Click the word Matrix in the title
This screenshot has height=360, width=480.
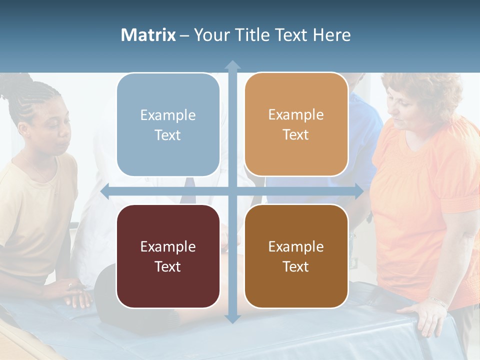(x=148, y=35)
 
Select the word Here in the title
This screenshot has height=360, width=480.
(x=332, y=35)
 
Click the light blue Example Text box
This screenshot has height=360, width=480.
(x=168, y=125)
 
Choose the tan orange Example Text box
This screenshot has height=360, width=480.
(x=296, y=124)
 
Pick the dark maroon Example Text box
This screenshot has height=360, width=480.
(x=168, y=256)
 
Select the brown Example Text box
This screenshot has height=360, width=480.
(x=296, y=256)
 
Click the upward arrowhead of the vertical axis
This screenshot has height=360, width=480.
(x=232, y=65)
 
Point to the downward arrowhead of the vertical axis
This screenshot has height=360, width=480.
(x=232, y=318)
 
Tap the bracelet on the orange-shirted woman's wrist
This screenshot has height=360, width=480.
(x=439, y=302)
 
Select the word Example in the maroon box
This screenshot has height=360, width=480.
(x=168, y=246)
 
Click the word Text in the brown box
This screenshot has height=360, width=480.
(x=296, y=266)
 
